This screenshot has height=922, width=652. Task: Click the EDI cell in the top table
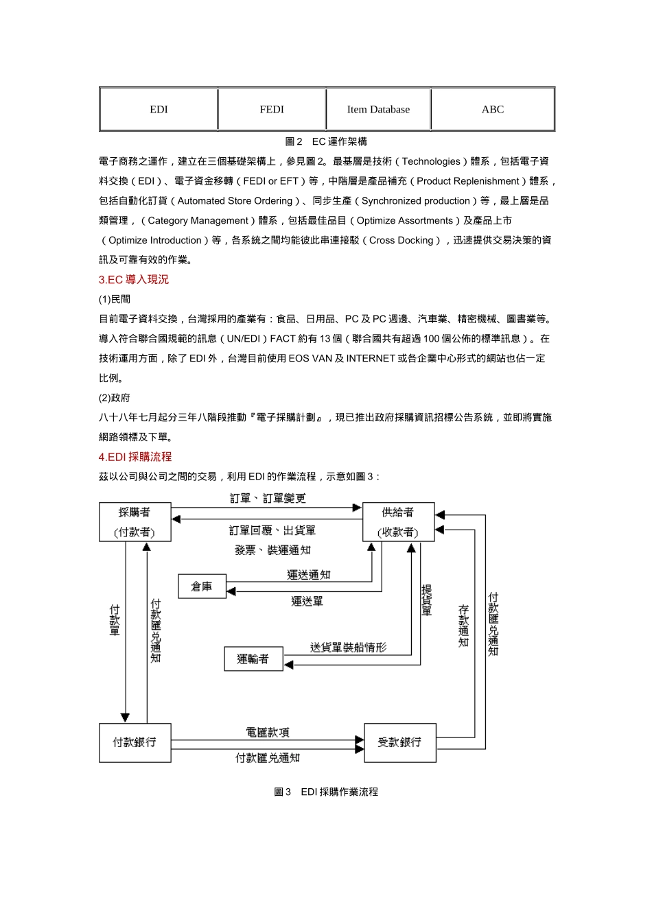point(159,109)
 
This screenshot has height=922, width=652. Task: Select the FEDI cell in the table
point(272,109)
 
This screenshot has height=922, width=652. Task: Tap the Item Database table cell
point(378,109)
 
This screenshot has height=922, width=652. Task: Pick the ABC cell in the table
point(492,109)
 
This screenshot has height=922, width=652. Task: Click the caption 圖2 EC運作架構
point(326,141)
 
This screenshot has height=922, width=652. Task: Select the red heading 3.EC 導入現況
point(133,279)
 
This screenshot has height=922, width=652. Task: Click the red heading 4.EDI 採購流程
point(135,456)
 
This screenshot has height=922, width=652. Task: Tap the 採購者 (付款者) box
point(135,522)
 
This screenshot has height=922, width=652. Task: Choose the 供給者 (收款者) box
point(398,522)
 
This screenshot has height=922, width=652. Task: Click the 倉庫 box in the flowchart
point(202,587)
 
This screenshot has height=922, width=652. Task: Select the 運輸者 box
point(253,659)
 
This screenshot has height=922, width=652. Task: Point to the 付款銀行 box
point(135,742)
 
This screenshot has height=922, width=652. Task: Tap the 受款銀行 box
point(399,742)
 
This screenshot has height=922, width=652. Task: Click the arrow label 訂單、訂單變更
point(268,498)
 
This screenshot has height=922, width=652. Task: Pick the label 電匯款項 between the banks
point(268,732)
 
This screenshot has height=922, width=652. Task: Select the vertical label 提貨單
point(426,600)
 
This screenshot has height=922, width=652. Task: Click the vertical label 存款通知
point(463,626)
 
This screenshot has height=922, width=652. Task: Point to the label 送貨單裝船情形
point(348,647)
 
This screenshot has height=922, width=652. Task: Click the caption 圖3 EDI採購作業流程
point(326,792)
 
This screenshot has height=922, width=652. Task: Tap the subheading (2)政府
point(114,397)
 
